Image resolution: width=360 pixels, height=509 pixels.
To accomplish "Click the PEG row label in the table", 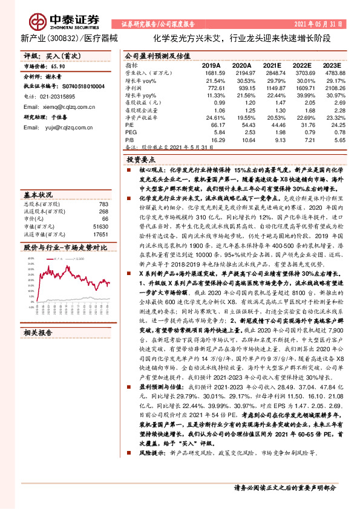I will pyautogui.click(x=131, y=132).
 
